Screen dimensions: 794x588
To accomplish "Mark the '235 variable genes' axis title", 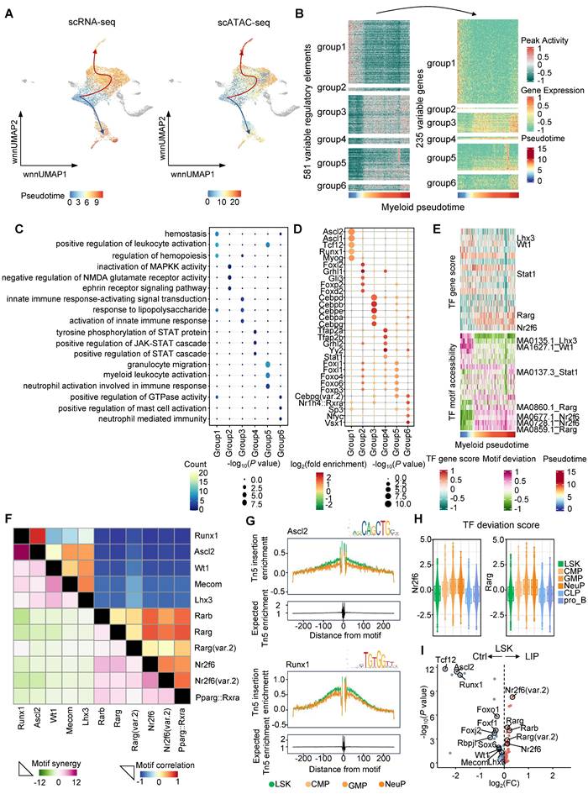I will pos(418,105).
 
